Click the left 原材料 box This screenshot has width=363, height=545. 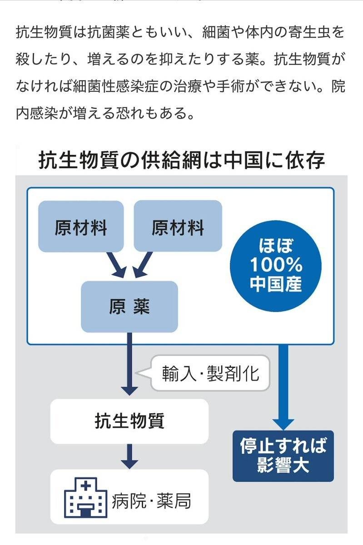coord(81,226)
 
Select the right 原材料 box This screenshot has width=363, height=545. coord(178,226)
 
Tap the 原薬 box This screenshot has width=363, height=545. coord(129,307)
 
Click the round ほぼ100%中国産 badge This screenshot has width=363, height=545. coord(276,266)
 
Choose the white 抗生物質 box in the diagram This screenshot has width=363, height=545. coord(129,421)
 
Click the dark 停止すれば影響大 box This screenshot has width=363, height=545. coord(283,456)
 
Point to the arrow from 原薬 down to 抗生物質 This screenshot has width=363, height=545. coord(129,363)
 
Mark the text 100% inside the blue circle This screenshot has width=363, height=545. coord(276,265)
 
